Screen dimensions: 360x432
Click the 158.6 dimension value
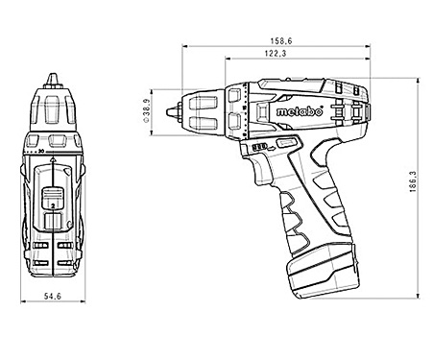pos(282,40)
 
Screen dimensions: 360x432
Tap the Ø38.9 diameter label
pos(147,109)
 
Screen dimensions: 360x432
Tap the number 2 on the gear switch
pos(52,205)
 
